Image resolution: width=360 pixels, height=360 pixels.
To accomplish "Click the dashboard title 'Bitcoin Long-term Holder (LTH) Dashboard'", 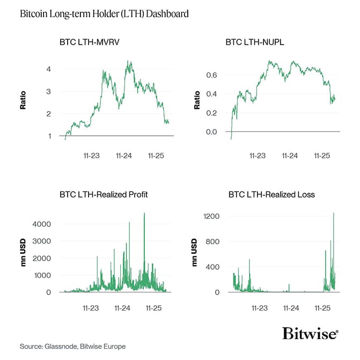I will coord(104,14).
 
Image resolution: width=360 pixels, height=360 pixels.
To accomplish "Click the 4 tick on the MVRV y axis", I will coord(49,69).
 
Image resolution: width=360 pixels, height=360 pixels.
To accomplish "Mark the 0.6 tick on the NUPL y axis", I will coord(212,75).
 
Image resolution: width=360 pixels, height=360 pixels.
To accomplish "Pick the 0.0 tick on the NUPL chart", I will coord(212,131).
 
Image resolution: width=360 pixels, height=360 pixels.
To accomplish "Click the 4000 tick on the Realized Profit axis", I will coord(42,224).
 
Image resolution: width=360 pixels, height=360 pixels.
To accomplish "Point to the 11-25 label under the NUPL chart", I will coord(321,156).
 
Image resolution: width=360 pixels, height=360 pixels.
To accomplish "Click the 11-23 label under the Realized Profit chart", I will coord(91,308).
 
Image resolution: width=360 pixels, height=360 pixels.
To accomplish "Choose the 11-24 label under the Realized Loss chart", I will coord(290,308).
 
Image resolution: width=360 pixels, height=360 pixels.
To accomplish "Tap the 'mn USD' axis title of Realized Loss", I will coord(195,252).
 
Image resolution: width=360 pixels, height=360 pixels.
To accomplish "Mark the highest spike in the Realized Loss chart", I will coord(333,214).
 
